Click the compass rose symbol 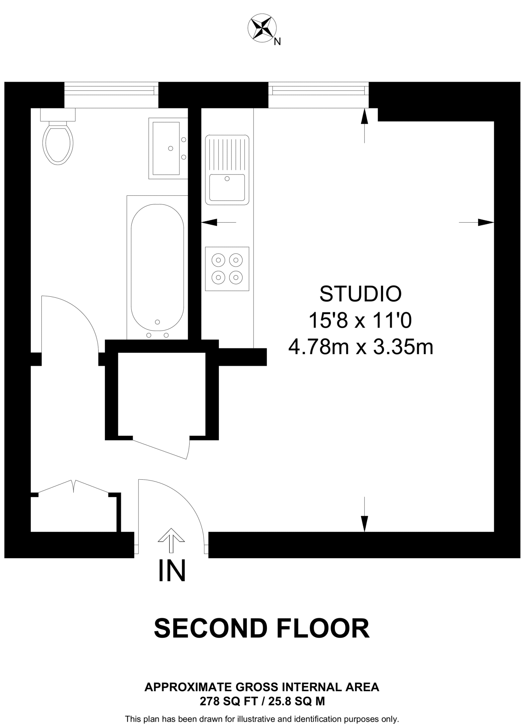pos(262,29)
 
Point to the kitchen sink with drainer pos(227,170)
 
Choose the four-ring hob pos(227,269)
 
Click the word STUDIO pos(360,294)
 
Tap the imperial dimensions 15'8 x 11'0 pos(360,320)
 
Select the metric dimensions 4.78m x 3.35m pos(361,347)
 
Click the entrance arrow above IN pos(171,540)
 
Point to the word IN pos(172,571)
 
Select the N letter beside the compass pos(277,42)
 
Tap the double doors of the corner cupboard pos(73,486)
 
